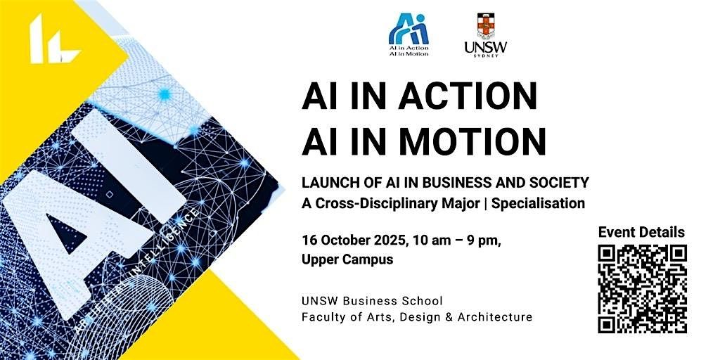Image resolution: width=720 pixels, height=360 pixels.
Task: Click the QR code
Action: (x=643, y=289)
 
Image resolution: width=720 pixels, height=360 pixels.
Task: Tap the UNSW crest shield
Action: (x=486, y=26)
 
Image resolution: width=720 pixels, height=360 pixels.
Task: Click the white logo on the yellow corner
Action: (x=53, y=39)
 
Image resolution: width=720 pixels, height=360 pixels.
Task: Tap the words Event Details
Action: (x=641, y=232)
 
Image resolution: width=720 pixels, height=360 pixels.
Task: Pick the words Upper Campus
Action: (x=347, y=259)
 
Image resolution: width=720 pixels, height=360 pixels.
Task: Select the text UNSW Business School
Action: (x=373, y=301)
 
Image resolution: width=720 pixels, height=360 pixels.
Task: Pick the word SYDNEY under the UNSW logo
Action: (x=486, y=56)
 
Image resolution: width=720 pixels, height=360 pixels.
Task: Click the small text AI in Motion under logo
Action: (x=409, y=53)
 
